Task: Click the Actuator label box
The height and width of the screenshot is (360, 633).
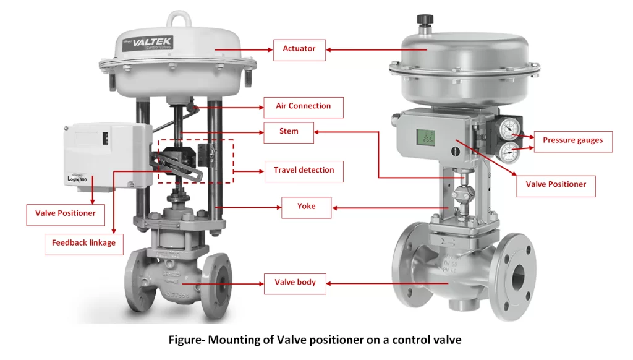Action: tap(299, 49)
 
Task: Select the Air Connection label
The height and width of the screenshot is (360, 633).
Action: tap(303, 106)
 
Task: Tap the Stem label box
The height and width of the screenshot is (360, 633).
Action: tap(288, 132)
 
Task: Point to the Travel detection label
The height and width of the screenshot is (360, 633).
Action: tap(304, 170)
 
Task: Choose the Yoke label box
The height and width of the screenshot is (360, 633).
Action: tap(306, 207)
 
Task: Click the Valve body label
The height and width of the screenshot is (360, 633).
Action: tap(295, 283)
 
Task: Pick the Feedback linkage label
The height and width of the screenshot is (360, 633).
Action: tap(83, 243)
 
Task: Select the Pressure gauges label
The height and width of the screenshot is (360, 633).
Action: tap(572, 140)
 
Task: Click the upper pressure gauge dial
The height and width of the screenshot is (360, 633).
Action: tap(509, 129)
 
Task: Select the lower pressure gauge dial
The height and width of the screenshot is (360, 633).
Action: tap(509, 151)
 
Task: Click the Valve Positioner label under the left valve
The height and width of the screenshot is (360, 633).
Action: tap(65, 213)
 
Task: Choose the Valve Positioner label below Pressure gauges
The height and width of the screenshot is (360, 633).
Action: tap(556, 184)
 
